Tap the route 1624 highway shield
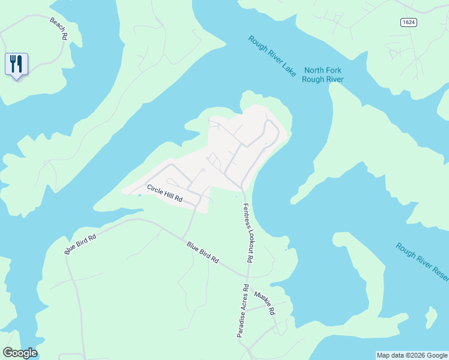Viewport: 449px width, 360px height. click(408, 22)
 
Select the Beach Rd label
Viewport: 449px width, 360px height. click(58, 28)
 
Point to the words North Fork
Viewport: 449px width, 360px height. click(322, 70)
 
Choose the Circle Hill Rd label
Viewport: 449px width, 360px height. click(164, 193)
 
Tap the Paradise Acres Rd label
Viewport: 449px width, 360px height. click(242, 310)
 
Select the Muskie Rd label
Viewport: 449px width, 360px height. click(264, 304)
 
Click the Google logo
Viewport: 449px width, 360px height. click(20, 353)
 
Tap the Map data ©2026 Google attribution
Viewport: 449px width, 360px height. click(411, 355)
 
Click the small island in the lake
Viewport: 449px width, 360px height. click(430, 316)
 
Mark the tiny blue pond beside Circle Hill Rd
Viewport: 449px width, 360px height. click(139, 194)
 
